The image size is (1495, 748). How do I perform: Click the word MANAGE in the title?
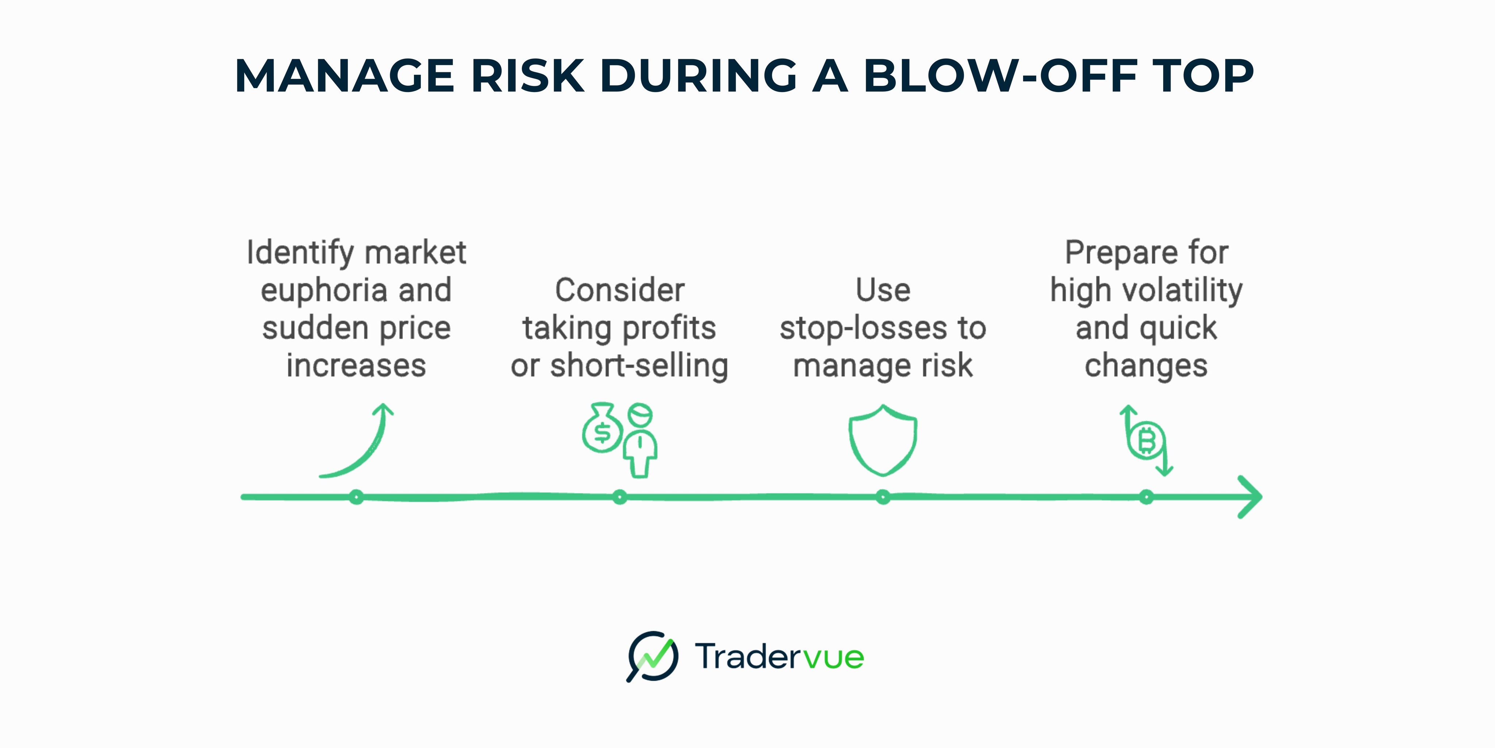[344, 76]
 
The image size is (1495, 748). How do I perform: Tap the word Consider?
[619, 290]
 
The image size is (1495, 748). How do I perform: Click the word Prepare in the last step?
[1121, 253]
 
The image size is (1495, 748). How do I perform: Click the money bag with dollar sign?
[602, 430]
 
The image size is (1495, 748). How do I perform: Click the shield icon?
[883, 440]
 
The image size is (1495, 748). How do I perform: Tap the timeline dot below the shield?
[883, 497]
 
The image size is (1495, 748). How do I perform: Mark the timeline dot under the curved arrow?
[356, 497]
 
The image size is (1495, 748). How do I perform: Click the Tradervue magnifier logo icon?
[652, 656]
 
